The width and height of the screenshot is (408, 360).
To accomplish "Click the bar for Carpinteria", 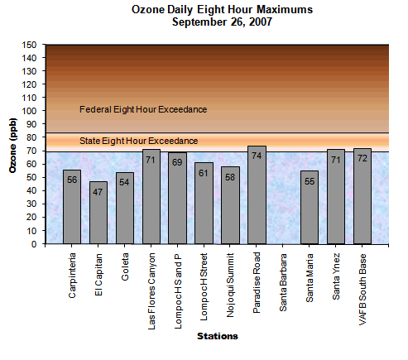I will (x=72, y=207).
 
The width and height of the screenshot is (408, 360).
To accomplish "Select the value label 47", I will (x=98, y=190).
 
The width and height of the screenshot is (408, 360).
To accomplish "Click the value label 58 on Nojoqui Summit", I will (x=231, y=175).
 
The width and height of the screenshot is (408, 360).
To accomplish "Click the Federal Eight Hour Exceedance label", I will (x=142, y=109).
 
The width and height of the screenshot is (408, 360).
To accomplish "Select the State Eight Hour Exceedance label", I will (x=138, y=141).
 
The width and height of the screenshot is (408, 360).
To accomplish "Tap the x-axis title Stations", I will (x=218, y=336).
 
